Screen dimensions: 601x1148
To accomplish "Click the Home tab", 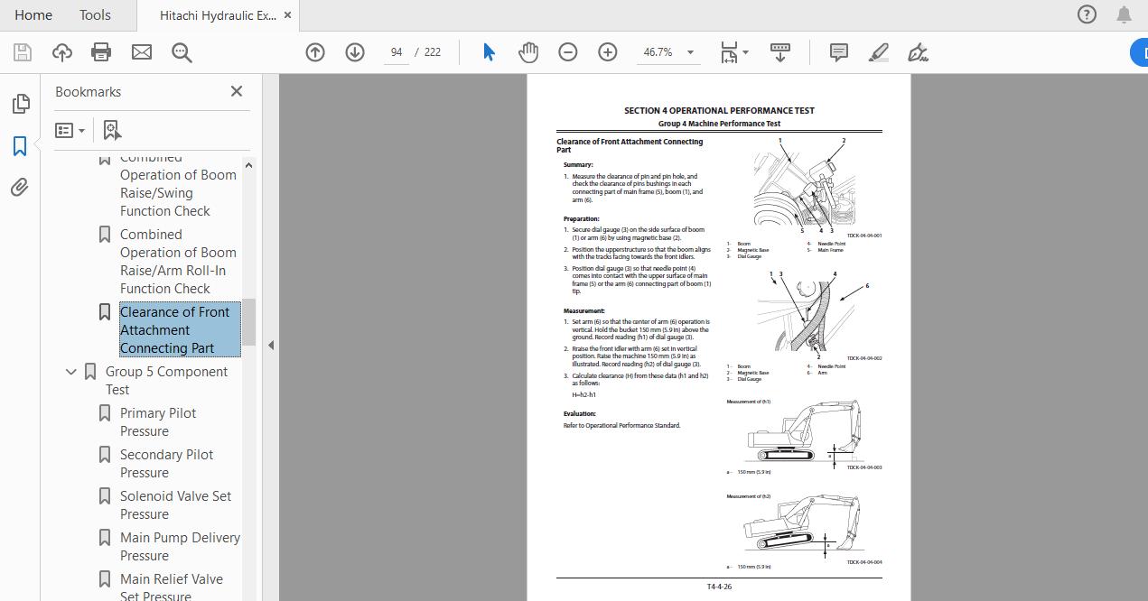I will click(33, 15).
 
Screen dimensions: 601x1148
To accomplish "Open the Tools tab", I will click(95, 15).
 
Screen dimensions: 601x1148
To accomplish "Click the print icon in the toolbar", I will click(101, 52).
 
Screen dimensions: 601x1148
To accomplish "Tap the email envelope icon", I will click(142, 52).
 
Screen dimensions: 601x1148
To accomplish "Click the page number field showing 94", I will click(397, 52).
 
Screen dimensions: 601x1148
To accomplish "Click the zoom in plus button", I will click(608, 52).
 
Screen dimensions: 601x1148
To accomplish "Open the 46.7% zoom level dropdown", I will click(690, 52).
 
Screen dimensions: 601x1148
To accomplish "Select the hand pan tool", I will click(528, 52).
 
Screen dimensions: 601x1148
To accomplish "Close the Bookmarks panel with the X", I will click(237, 91).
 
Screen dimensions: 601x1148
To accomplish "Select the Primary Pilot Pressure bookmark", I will click(158, 421).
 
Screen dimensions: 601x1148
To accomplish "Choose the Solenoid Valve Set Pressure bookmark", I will click(175, 504).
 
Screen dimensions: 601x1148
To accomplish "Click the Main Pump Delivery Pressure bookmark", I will click(180, 546).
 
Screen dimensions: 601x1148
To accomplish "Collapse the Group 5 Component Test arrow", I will click(71, 372).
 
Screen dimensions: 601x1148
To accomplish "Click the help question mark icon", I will click(1087, 14).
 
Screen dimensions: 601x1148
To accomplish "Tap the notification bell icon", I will click(1124, 14).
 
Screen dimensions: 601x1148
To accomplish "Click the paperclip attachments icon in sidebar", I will click(20, 187).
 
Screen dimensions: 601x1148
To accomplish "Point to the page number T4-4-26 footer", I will click(719, 587).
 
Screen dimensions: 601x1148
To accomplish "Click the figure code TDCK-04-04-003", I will click(863, 467).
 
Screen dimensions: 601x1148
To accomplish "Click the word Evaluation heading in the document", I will click(580, 413).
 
